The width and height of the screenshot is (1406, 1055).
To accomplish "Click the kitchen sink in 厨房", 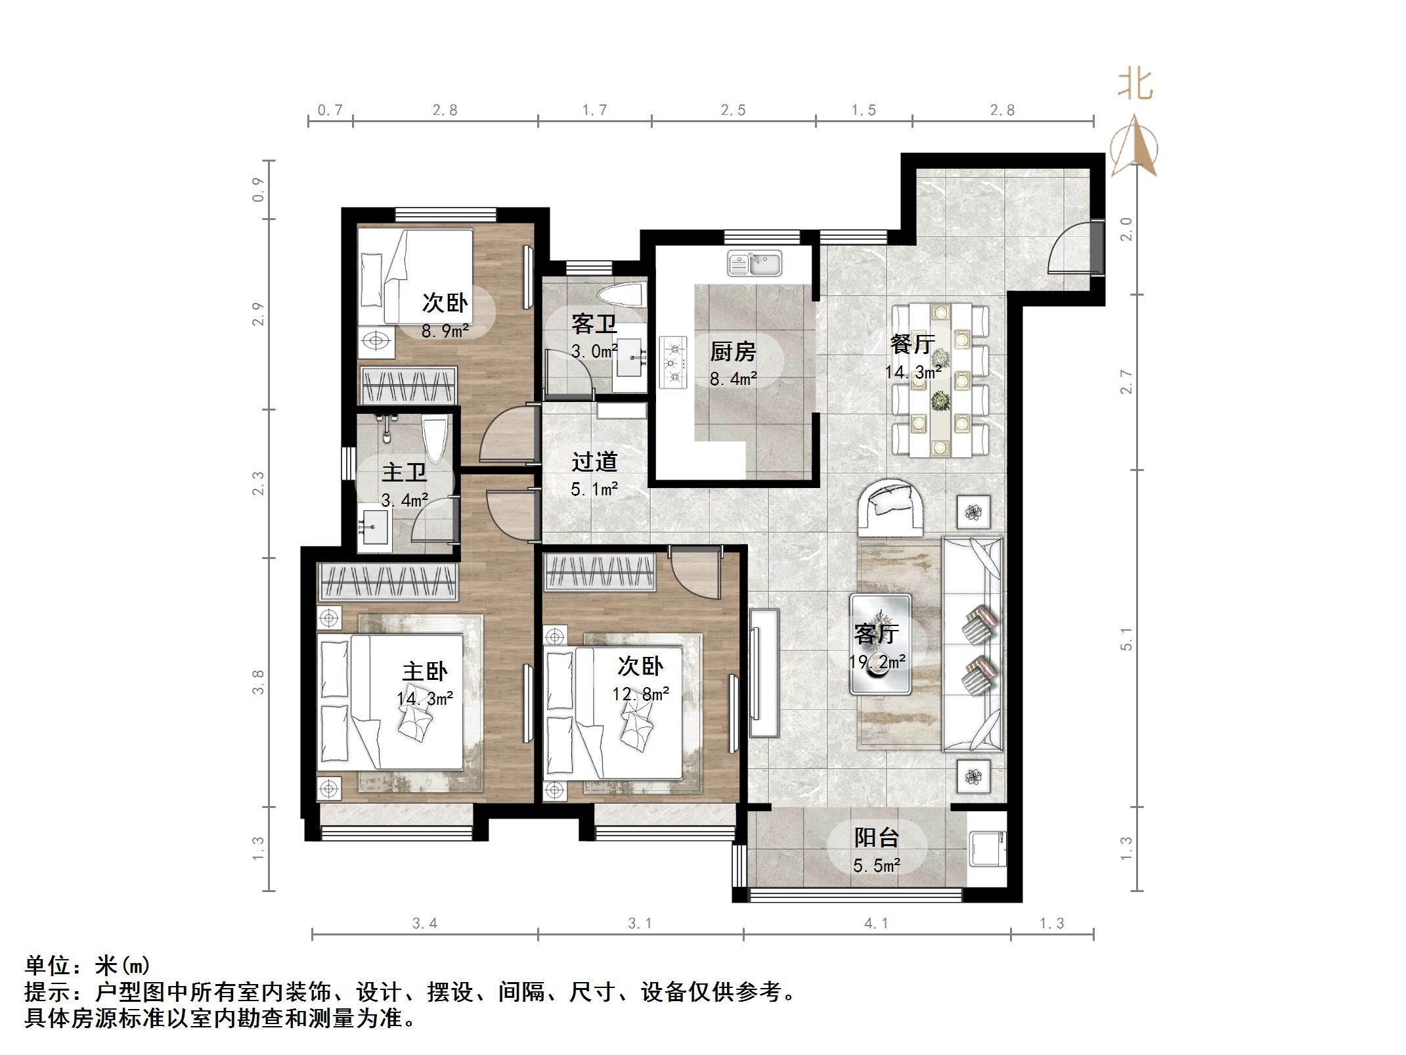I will pos(755,263).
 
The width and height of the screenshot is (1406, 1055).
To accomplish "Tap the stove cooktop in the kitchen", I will pos(672,362).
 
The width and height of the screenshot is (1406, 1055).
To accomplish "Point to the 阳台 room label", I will pos(876,838).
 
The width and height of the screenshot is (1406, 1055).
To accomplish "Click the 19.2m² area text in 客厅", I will pos(877,662).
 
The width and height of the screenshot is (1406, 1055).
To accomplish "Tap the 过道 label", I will pos(594,462).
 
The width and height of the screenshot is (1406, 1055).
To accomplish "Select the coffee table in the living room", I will pos(880,644).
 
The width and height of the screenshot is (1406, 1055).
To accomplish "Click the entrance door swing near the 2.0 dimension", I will pos(1070,248).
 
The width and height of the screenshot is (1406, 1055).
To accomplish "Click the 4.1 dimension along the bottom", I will pos(876,924).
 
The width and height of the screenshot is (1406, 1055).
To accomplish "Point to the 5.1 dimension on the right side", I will pos(1127,639).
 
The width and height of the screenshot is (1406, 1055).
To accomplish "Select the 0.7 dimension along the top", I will pos(330,110).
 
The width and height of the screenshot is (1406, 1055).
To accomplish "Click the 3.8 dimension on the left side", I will pos(259,682).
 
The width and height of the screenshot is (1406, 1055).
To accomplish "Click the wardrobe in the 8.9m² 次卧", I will pos(409,385).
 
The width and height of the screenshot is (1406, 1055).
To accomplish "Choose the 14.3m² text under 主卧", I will pos(425,698).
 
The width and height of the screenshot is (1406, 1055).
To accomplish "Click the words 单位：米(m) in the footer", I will pos(87,966).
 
